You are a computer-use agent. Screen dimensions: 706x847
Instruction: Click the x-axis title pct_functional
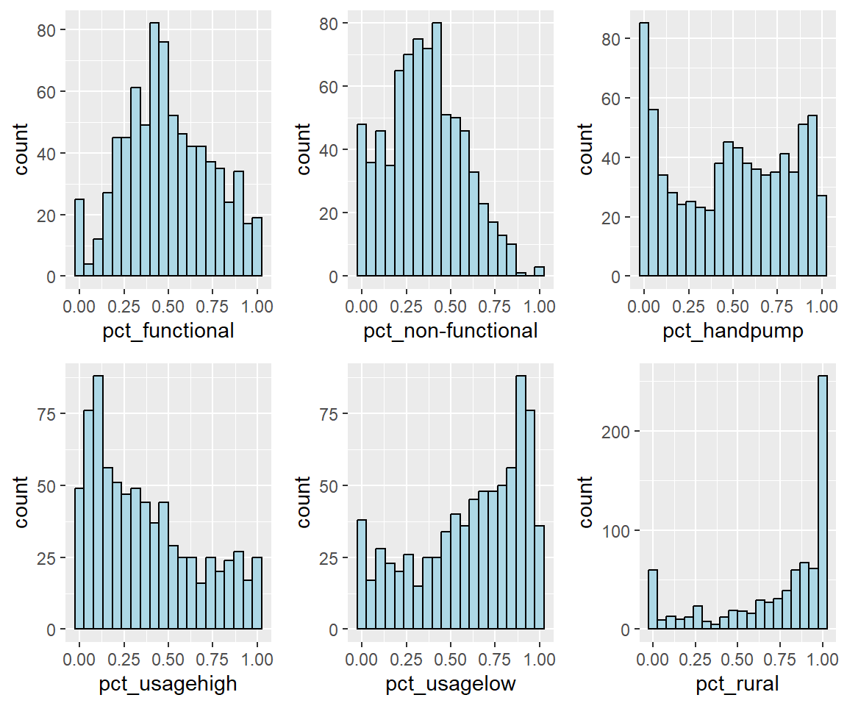[168, 331]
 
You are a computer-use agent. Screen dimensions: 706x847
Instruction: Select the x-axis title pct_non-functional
[451, 331]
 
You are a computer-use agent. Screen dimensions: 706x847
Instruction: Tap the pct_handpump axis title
[733, 331]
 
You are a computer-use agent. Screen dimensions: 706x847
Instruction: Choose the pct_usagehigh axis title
[168, 685]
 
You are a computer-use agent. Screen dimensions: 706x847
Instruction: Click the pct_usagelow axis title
[451, 685]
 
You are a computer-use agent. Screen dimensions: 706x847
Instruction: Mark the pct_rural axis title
[733, 685]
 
